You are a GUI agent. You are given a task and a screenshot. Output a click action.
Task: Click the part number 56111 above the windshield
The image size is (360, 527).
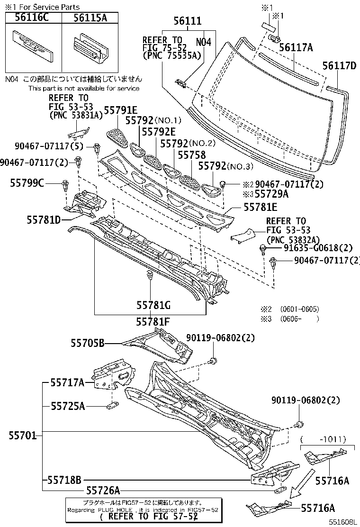[187, 21]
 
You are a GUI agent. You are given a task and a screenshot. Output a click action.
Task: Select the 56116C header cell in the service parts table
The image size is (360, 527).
[33, 18]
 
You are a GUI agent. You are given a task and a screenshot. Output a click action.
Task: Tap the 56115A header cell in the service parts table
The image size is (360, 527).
[90, 18]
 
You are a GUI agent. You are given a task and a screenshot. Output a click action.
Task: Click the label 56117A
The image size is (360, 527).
[296, 47]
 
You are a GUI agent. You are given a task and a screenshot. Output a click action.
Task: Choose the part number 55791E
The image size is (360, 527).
[120, 111]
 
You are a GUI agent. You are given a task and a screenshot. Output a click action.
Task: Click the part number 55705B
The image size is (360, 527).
[88, 342]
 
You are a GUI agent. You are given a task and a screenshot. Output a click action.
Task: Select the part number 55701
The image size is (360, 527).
[21, 435]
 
